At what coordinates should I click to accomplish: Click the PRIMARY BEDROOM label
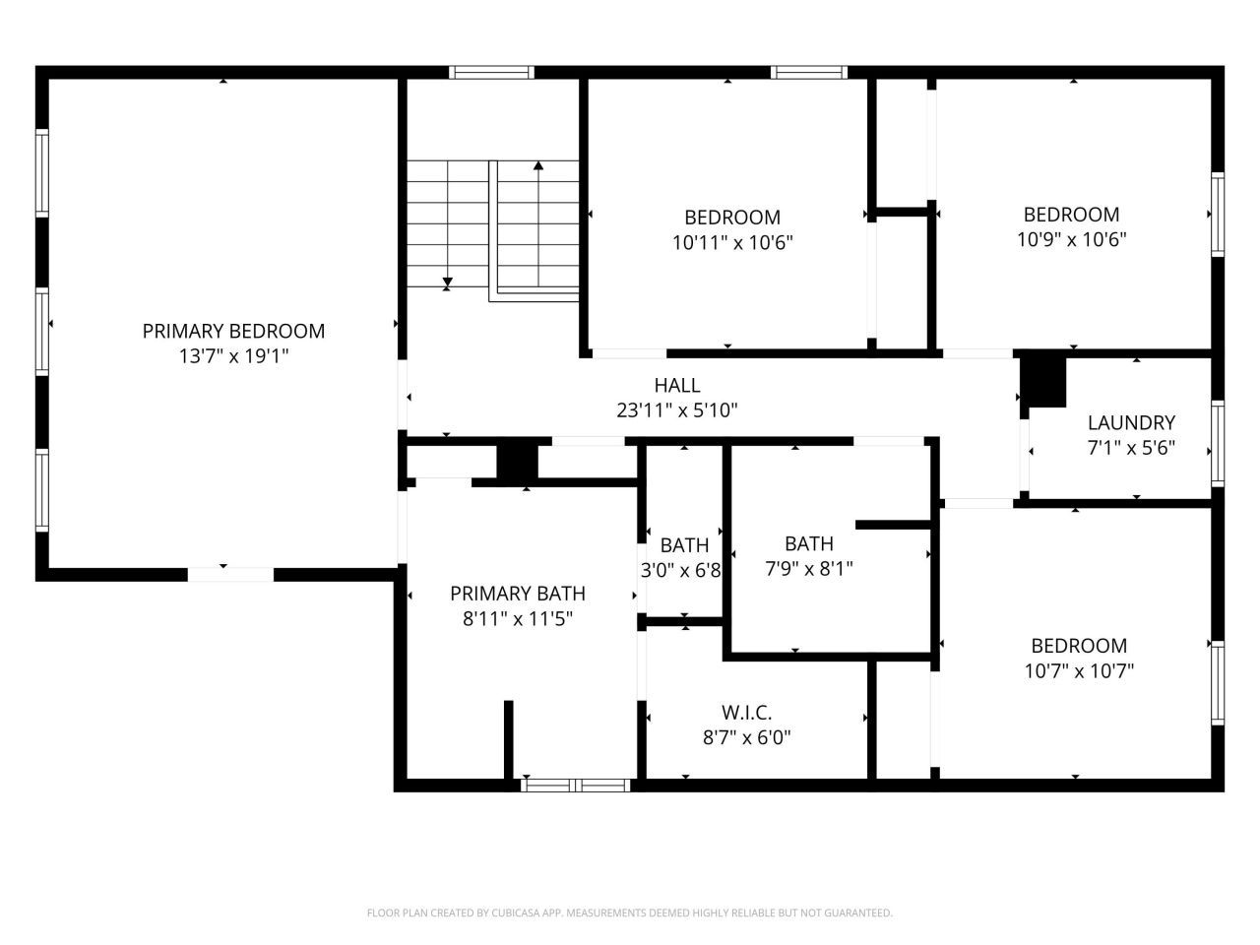233,332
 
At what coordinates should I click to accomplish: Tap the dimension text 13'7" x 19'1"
233,356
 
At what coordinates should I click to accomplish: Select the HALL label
677,386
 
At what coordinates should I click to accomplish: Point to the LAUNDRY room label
1131,423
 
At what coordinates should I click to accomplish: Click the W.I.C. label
746,712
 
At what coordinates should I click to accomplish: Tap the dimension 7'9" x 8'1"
809,568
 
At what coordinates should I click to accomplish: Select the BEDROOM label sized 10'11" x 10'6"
732,218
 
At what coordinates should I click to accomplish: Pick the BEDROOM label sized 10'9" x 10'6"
1071,215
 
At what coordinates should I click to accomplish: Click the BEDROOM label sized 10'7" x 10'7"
1079,646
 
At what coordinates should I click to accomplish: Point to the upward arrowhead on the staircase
537,166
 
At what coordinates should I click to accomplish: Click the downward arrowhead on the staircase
447,283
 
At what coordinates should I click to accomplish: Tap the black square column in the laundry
1043,381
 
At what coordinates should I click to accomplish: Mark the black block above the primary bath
517,462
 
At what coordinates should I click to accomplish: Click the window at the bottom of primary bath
576,785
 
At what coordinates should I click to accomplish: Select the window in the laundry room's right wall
1218,443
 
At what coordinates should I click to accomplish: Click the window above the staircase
491,72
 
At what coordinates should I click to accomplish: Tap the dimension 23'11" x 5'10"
677,410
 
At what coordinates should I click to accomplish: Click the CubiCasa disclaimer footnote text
630,913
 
